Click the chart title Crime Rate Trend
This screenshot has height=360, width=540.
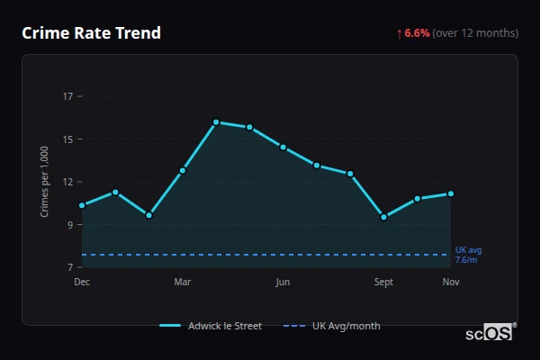[91, 33]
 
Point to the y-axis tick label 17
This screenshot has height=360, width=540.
[68, 95]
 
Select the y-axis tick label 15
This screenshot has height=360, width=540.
[68, 139]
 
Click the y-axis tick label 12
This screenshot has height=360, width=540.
[68, 182]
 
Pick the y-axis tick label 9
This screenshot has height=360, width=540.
[70, 225]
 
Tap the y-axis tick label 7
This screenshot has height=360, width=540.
[70, 267]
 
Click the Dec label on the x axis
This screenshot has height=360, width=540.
[82, 283]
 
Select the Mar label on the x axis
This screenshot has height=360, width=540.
[183, 283]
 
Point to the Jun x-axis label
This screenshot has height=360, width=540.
[283, 283]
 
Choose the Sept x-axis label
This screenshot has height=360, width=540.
[384, 283]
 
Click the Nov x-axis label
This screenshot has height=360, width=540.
[451, 283]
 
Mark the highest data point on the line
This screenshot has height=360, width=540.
[216, 122]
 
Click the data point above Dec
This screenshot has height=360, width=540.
[82, 205]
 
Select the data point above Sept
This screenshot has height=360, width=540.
[384, 217]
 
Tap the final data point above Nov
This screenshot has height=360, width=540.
[451, 193]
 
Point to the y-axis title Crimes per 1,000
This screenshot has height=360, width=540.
[45, 182]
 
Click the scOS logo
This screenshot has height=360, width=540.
[489, 332]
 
